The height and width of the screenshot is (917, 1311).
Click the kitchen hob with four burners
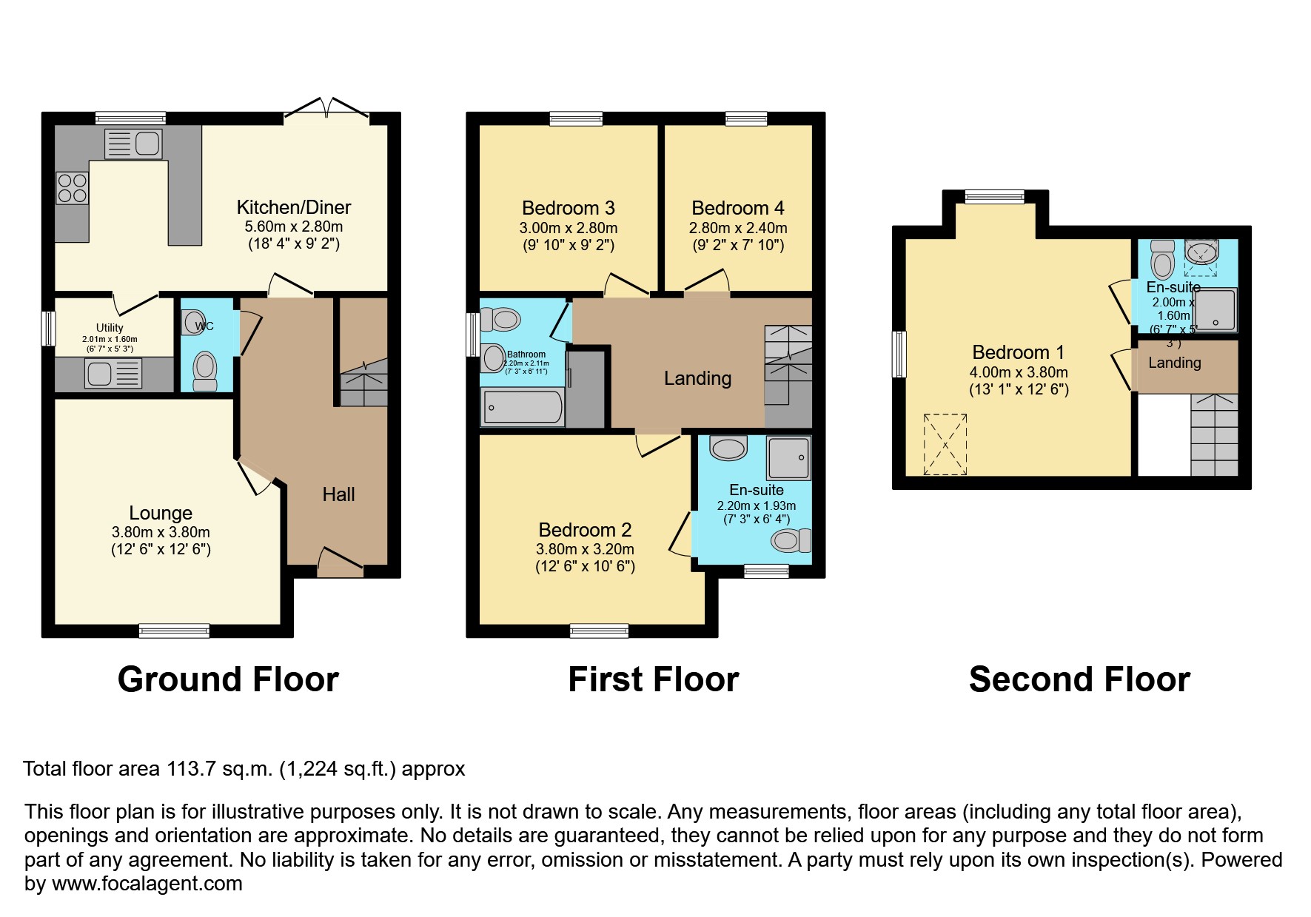pyautogui.click(x=72, y=187)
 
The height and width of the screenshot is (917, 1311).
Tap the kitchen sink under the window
pyautogui.click(x=133, y=143)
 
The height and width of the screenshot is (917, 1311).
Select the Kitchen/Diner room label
pyautogui.click(x=294, y=207)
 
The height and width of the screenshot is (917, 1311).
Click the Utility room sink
pyautogui.click(x=113, y=373)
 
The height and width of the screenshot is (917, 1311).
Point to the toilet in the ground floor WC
pyautogui.click(x=204, y=369)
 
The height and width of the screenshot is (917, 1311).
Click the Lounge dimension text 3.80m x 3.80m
pyautogui.click(x=161, y=532)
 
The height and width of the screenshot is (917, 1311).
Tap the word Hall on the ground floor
pyautogui.click(x=338, y=494)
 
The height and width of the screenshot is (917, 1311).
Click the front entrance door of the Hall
pyautogui.click(x=341, y=562)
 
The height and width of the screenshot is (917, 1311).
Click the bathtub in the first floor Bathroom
pyautogui.click(x=523, y=408)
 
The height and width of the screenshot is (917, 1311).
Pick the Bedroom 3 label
pyautogui.click(x=568, y=208)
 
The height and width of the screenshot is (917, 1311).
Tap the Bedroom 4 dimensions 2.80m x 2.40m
pyautogui.click(x=738, y=228)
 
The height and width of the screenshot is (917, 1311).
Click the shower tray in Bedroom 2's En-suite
pyautogui.click(x=788, y=457)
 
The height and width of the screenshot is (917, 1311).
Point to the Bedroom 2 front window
pyautogui.click(x=599, y=631)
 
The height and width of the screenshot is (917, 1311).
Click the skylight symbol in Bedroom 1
pyautogui.click(x=945, y=444)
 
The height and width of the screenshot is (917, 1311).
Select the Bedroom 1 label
pyautogui.click(x=1010, y=352)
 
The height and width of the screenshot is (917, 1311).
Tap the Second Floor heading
pyautogui.click(x=1079, y=679)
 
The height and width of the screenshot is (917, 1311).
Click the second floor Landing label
pyautogui.click(x=1174, y=363)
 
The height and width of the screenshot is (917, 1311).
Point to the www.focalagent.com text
pyautogui.click(x=147, y=884)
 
